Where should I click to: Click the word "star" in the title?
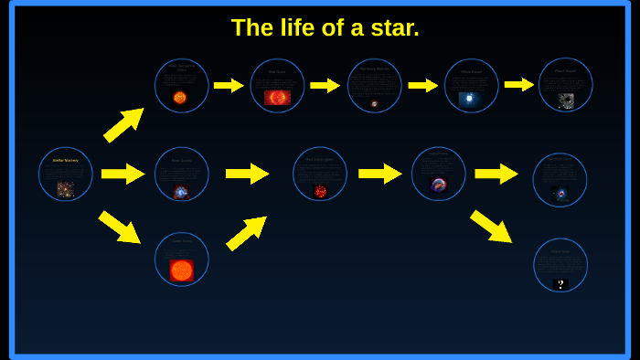(x=394, y=28)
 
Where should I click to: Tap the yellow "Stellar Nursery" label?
(x=65, y=160)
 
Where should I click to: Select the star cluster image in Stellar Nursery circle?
(x=65, y=189)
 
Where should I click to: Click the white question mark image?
(x=560, y=284)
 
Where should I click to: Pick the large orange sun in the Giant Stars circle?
(x=181, y=270)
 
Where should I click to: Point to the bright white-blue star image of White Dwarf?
(x=470, y=99)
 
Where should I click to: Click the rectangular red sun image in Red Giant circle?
(x=277, y=98)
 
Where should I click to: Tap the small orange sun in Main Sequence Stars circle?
(x=180, y=98)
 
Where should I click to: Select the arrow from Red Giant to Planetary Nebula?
(x=325, y=85)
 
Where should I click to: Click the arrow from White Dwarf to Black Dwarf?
(x=518, y=85)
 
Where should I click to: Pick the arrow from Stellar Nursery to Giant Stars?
(x=119, y=227)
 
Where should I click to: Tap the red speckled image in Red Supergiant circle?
(x=320, y=191)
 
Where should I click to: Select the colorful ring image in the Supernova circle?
(x=439, y=185)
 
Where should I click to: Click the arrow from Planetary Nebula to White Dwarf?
(x=422, y=85)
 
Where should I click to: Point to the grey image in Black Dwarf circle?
(x=566, y=101)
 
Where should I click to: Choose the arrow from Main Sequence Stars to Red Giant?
(x=229, y=85)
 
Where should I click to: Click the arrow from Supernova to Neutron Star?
(x=496, y=174)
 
